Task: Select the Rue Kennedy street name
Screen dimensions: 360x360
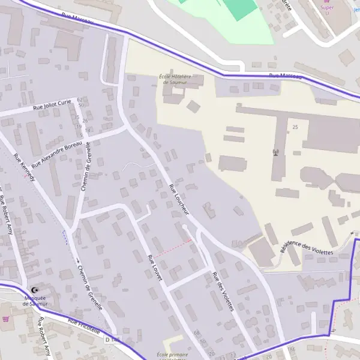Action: click(25, 168)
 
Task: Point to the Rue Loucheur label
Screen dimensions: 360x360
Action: click(179, 199)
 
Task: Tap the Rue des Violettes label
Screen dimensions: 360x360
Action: click(222, 291)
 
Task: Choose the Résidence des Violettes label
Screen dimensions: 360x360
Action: click(305, 249)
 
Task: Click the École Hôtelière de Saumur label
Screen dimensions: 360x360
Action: click(174, 80)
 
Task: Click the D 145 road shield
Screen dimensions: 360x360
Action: click(113, 340)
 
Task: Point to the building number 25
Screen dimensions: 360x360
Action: click(295, 128)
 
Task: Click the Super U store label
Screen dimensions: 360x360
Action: click(327, 8)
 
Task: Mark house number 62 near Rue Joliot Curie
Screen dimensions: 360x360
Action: click(80, 100)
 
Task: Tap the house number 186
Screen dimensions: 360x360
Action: click(292, 349)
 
